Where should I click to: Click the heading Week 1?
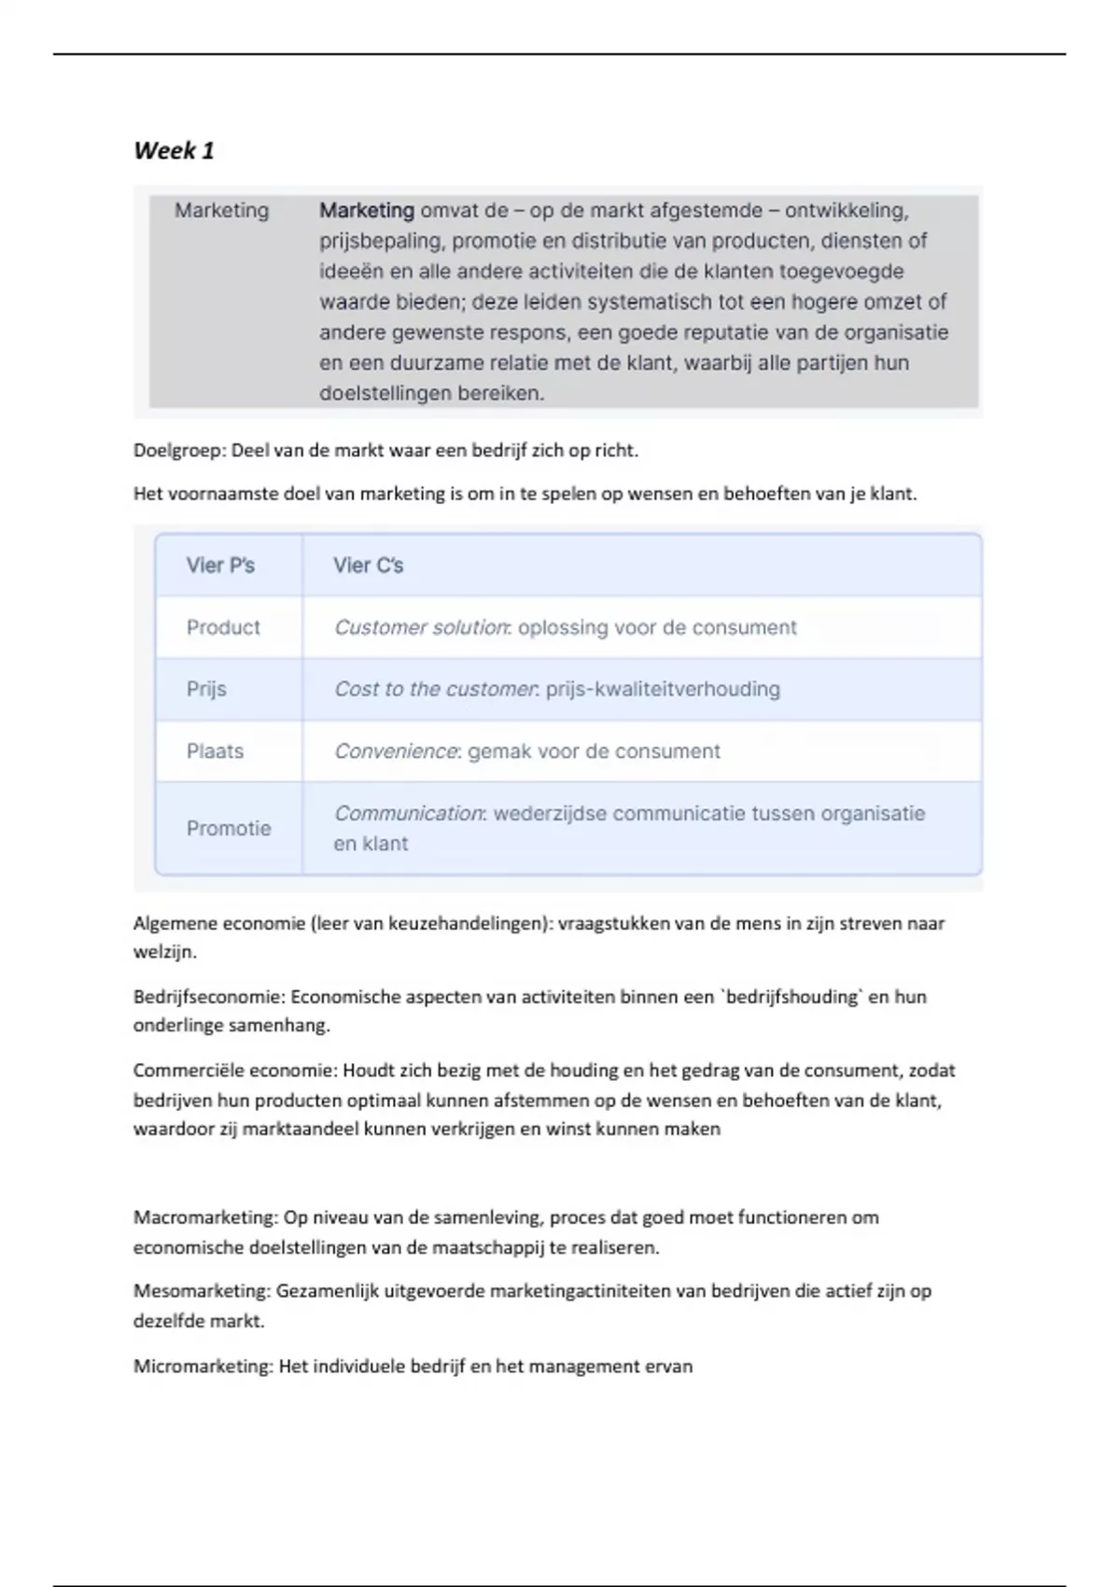(174, 150)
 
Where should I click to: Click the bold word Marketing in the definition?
(367, 211)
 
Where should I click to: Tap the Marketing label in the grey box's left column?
(221, 211)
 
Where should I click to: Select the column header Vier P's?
(220, 566)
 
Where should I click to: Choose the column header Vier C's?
(369, 566)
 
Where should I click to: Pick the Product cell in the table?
(223, 627)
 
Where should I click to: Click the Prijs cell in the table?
(206, 689)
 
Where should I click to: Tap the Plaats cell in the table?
(215, 751)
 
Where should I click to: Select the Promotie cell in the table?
(229, 828)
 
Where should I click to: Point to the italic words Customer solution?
(421, 627)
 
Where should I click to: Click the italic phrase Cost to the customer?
(435, 689)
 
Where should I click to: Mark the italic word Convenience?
(396, 751)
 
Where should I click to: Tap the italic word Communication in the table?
(408, 813)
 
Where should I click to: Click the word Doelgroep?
(178, 451)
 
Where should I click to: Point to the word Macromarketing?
(204, 1217)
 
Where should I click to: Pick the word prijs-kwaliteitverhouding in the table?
(663, 689)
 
